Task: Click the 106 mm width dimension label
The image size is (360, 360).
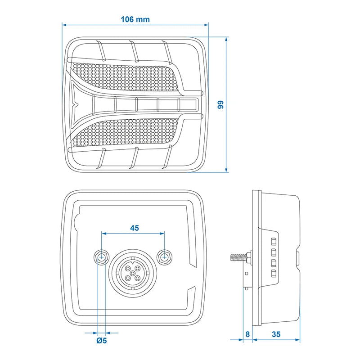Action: click(x=135, y=19)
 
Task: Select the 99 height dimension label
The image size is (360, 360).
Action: click(x=220, y=105)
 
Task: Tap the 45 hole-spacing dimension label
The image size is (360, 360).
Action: click(x=134, y=228)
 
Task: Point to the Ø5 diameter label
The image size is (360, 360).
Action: click(x=102, y=340)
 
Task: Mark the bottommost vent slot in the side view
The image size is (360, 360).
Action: click(x=273, y=273)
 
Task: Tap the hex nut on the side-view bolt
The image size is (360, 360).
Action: click(x=248, y=258)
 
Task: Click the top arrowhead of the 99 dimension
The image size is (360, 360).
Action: click(x=226, y=39)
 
